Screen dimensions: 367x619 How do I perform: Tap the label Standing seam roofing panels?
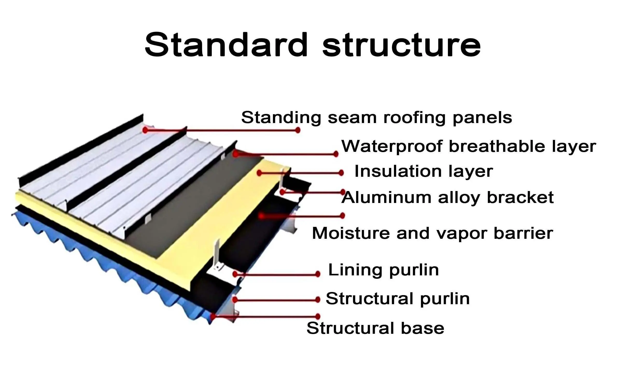[376, 118]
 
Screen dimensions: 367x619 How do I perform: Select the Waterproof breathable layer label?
[469, 147]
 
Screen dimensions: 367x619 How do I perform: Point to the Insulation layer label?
[424, 172]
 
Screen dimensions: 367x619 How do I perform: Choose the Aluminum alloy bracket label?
[447, 198]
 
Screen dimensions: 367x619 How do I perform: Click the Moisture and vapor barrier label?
[432, 233]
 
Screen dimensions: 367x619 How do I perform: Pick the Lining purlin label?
[383, 270]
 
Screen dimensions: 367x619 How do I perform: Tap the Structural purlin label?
[397, 298]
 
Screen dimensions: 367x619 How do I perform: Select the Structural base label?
[375, 328]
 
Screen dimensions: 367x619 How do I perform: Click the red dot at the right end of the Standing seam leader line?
[298, 130]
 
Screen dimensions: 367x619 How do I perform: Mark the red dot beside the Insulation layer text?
[341, 173]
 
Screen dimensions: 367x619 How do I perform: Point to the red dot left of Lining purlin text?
[318, 274]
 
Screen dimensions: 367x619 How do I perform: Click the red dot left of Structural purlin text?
[318, 300]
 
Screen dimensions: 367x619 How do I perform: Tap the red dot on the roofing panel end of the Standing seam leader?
[145, 130]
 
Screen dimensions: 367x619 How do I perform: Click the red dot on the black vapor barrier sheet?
[261, 216]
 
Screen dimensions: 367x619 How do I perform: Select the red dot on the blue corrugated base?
[213, 316]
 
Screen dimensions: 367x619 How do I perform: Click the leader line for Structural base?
[264, 316]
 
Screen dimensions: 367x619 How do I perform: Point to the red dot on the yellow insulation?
[259, 173]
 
